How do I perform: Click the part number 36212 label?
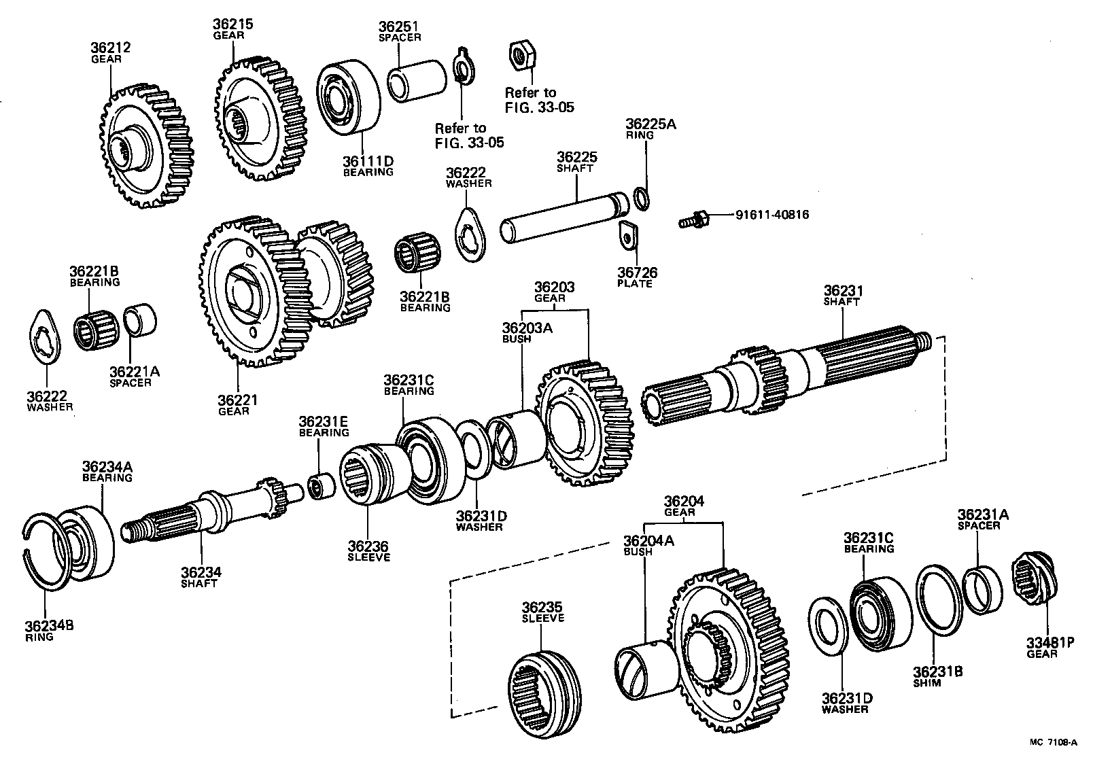[x=110, y=48]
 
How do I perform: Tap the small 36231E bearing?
[x=319, y=487]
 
